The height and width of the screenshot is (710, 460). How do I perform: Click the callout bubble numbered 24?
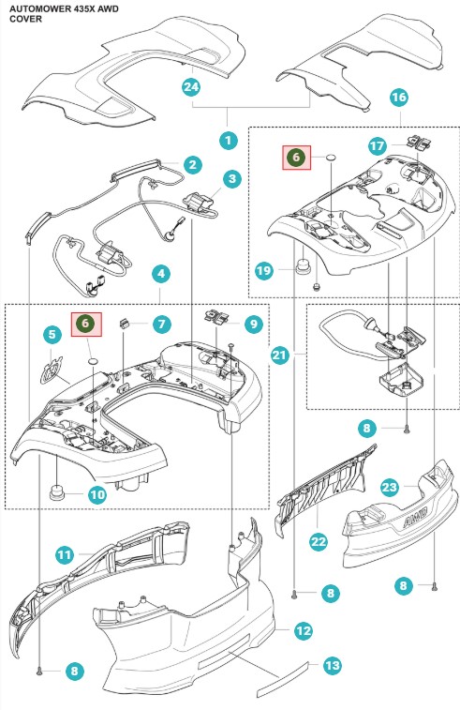(191, 86)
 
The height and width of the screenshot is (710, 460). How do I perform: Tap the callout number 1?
(228, 141)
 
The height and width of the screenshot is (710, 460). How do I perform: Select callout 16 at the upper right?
(398, 97)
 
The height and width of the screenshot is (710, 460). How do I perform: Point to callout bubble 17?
(378, 145)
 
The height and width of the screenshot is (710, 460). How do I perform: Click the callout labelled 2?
(193, 164)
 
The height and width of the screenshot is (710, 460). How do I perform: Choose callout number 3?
(232, 178)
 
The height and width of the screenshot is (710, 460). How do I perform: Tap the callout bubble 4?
(161, 274)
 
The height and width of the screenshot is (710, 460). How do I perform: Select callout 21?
(279, 355)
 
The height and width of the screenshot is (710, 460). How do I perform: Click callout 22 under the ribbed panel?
(318, 541)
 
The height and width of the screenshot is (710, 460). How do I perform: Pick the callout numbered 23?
(390, 487)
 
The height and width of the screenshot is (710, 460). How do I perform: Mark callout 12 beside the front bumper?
(303, 630)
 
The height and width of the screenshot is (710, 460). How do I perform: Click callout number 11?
(65, 554)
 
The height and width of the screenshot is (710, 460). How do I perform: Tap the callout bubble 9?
(253, 324)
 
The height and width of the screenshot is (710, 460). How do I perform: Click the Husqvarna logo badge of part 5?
(52, 370)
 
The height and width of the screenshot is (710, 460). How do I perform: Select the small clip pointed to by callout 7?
(124, 324)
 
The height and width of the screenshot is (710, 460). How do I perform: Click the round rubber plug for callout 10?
(56, 491)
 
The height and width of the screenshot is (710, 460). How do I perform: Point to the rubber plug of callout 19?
(303, 265)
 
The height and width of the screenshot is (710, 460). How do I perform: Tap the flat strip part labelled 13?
(282, 680)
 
